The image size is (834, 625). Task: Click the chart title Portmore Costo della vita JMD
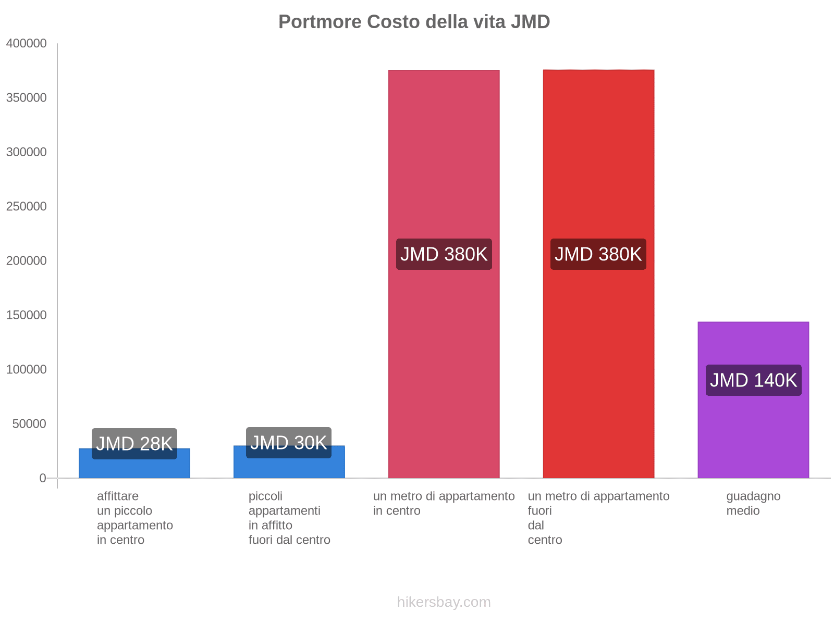(x=414, y=22)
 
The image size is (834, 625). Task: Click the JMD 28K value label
(x=134, y=444)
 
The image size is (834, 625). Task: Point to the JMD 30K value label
(x=289, y=443)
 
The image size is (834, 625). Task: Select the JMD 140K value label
(x=753, y=380)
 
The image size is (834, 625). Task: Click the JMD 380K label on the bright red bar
(x=598, y=254)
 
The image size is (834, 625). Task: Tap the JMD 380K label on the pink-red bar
(x=444, y=254)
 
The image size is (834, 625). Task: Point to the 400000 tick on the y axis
(x=27, y=44)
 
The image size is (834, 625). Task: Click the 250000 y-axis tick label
(x=27, y=207)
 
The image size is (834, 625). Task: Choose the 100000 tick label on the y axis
(x=27, y=370)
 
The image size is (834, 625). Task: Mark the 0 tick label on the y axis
(x=43, y=478)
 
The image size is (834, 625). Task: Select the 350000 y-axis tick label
(x=27, y=98)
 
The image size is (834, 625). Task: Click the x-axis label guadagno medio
(x=753, y=504)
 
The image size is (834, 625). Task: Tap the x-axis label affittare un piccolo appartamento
(x=134, y=518)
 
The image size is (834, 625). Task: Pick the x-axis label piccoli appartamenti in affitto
(x=289, y=518)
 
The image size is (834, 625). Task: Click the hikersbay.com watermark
(x=444, y=602)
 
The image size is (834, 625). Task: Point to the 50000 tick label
(x=30, y=424)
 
